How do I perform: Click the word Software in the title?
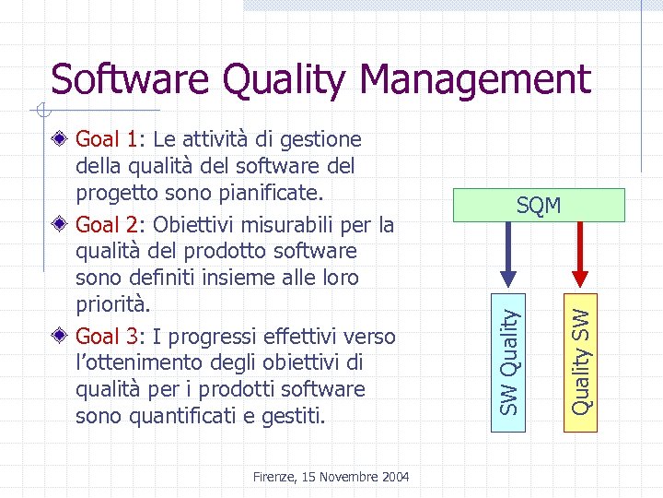click(130, 79)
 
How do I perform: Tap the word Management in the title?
click(479, 79)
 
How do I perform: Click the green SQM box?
click(539, 206)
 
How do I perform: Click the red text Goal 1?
click(108, 140)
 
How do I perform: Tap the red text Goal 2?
click(108, 224)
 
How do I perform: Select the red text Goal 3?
click(108, 336)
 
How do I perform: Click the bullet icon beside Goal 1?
click(61, 140)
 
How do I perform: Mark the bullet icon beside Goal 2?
click(61, 224)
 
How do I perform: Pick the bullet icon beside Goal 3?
click(61, 336)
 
